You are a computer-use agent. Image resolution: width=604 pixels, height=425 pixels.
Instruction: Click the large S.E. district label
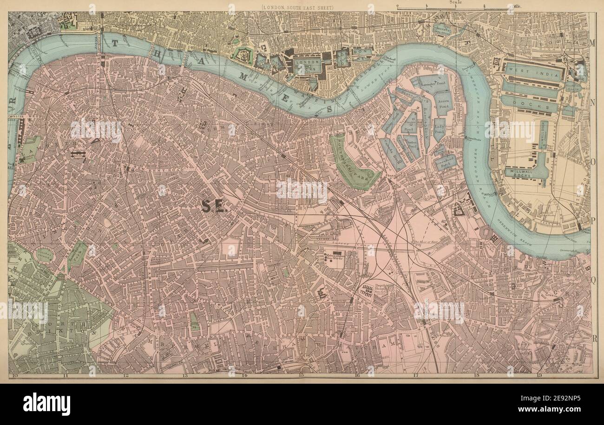tap(214, 207)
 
